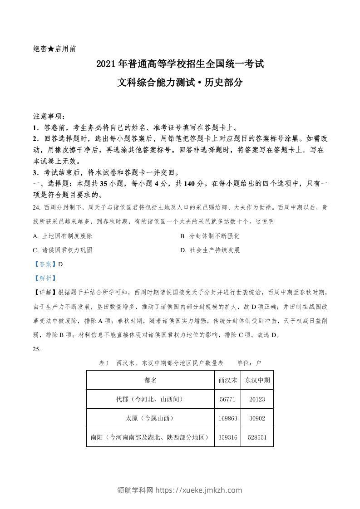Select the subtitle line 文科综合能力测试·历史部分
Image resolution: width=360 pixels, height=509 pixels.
click(180, 83)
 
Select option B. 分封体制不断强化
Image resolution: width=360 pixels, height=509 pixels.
click(209, 236)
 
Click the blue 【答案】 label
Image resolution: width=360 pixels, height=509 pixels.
click(44, 264)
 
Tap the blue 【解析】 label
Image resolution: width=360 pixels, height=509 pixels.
click(44, 278)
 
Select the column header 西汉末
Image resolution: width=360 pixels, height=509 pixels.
click(228, 380)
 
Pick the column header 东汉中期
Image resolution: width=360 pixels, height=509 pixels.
click(257, 380)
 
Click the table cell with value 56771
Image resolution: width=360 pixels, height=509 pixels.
click(228, 399)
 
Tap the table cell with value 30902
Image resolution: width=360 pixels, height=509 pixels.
click(257, 418)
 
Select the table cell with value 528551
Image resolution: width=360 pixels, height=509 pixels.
click(257, 437)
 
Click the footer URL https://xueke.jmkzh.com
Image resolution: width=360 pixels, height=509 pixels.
click(199, 490)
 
